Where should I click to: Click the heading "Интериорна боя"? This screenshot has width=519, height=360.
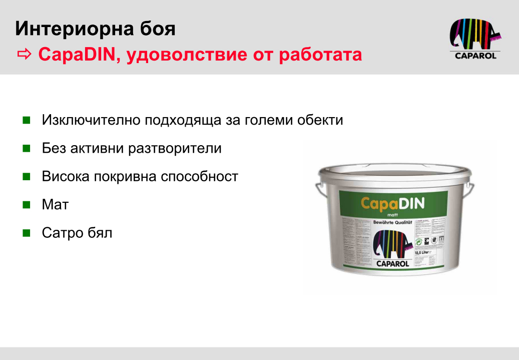[95, 29]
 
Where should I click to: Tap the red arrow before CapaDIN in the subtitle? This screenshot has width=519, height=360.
[25, 54]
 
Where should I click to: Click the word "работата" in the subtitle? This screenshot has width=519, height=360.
[320, 54]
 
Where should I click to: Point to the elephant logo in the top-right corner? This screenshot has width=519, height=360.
[475, 35]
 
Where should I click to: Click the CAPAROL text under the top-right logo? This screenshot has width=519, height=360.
[475, 56]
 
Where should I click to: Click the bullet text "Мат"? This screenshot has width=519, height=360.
[55, 205]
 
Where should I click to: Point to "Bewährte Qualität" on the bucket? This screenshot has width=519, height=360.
[392, 222]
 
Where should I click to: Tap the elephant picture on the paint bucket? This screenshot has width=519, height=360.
[392, 243]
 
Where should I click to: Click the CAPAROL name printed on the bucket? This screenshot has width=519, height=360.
[393, 263]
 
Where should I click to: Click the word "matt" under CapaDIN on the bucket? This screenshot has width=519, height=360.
[392, 215]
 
